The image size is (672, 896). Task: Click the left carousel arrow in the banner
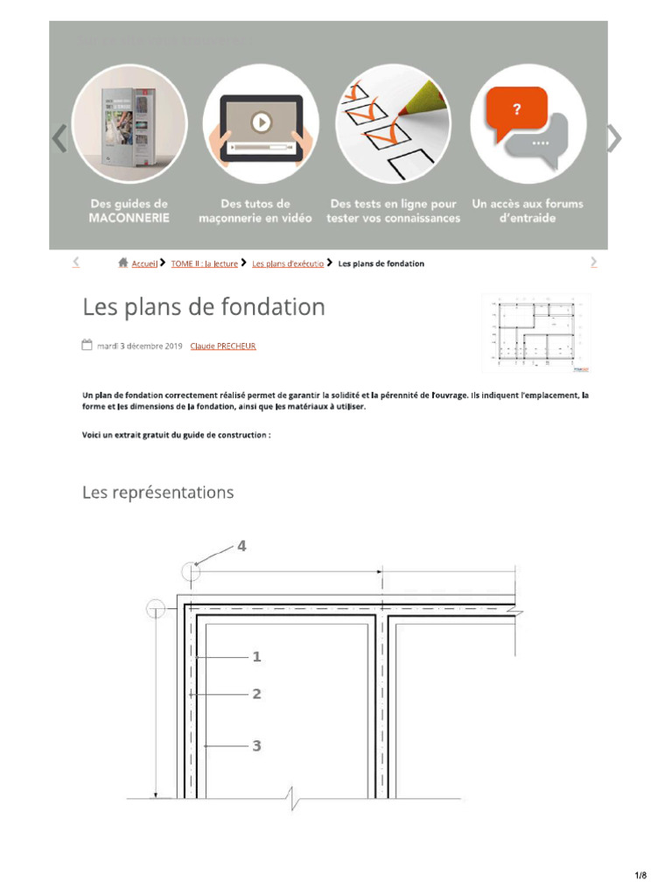point(59,138)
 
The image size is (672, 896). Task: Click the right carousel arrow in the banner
point(614,138)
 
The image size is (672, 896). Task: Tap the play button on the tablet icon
point(260,122)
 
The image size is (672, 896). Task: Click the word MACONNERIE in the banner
point(129,218)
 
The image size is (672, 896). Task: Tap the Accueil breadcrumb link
point(144,263)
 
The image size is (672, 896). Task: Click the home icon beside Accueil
point(123,262)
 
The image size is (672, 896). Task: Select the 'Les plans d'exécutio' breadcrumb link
point(288,263)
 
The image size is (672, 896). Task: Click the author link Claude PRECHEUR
point(223,346)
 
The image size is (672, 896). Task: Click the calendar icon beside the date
point(87,345)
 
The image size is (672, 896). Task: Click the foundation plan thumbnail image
point(535,333)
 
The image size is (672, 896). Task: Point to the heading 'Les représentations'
point(158,493)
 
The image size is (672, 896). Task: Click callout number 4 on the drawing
point(241,546)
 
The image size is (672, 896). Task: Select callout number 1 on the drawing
point(256,656)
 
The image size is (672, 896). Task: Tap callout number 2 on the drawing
point(256,694)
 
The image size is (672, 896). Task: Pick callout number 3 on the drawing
point(256,745)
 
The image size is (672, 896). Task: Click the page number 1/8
point(640,876)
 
